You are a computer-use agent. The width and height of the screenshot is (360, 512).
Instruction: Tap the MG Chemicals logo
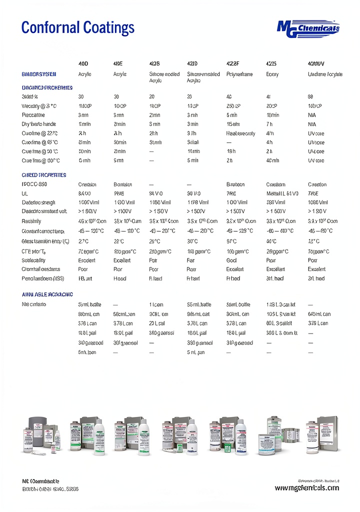[x=308, y=28]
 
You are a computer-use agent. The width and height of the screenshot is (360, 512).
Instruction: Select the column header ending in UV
[x=316, y=64]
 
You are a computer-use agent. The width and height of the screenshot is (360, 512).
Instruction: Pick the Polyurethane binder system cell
[x=239, y=74]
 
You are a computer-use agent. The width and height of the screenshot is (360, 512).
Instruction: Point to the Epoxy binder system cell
[x=272, y=74]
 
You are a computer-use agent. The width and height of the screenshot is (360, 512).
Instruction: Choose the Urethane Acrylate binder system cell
[x=325, y=74]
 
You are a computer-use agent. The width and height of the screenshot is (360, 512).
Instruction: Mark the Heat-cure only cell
[x=240, y=133]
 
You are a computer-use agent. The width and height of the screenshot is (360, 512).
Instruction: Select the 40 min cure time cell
[x=272, y=160]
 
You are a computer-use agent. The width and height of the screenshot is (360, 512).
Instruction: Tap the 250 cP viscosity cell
[x=233, y=106]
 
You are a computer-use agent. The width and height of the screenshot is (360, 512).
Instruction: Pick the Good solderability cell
[x=231, y=260]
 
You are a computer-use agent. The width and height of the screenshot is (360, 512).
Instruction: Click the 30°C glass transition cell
[x=192, y=241]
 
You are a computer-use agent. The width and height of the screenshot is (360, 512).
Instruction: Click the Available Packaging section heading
[x=47, y=294]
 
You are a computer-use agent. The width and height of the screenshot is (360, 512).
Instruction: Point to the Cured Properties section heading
[x=44, y=175]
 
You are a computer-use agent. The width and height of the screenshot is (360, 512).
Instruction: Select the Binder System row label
[x=39, y=74]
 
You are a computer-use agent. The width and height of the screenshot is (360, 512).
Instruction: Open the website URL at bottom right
[x=306, y=487]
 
